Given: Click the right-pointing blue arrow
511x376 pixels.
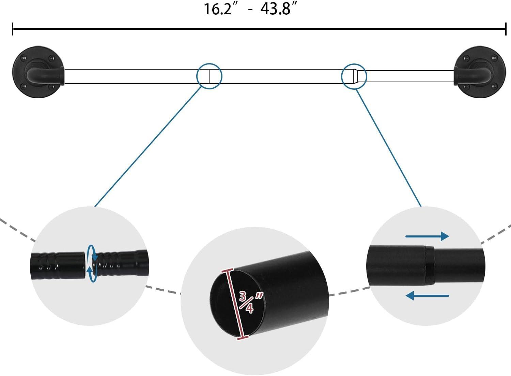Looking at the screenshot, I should coord(427,236).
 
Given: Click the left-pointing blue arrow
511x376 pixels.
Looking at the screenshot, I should coord(427,295).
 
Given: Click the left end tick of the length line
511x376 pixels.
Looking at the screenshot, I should coord(13,29).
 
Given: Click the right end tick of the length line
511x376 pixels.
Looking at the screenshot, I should coord(506,29).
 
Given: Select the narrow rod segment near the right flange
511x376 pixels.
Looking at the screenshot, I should coord(409,76).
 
